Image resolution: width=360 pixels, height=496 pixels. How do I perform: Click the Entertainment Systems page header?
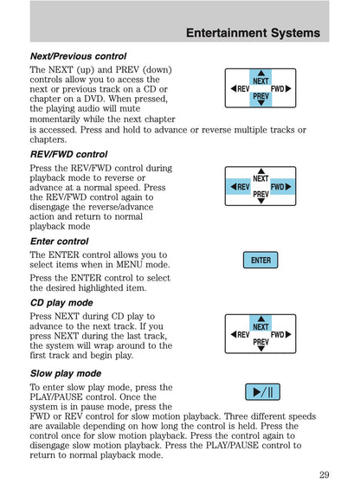click(x=253, y=34)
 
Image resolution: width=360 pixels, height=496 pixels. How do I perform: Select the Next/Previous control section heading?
click(x=78, y=55)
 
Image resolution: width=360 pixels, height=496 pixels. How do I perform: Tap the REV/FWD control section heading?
click(x=68, y=154)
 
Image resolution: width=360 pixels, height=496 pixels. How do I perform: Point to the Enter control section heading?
click(x=59, y=241)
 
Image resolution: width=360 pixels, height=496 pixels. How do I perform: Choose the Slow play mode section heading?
click(x=65, y=374)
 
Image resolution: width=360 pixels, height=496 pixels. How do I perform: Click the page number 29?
click(x=324, y=473)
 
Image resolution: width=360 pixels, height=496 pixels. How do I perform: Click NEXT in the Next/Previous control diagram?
click(x=260, y=81)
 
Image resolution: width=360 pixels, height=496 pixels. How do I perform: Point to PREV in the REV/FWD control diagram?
click(x=260, y=195)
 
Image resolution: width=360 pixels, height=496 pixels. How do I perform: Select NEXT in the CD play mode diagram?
click(x=260, y=326)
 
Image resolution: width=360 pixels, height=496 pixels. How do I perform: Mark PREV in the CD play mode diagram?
click(x=260, y=343)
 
